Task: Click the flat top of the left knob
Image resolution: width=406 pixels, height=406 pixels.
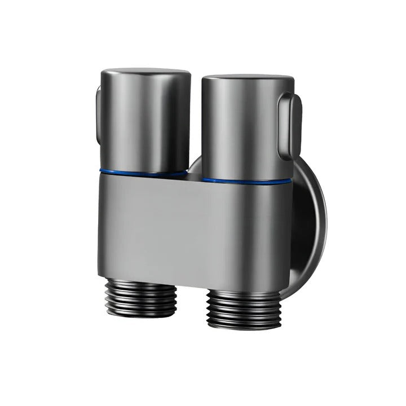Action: [145, 74]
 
